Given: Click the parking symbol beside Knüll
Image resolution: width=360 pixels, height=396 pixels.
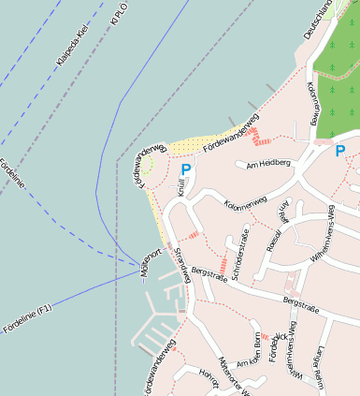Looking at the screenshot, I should (186, 169).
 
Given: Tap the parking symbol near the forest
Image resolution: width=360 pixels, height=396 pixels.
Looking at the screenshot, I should (339, 150).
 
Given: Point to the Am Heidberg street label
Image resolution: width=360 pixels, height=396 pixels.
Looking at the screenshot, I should (268, 163).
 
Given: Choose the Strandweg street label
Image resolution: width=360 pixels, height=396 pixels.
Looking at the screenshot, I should (182, 264).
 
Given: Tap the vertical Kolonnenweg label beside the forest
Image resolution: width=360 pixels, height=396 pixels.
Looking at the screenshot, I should (311, 100).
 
